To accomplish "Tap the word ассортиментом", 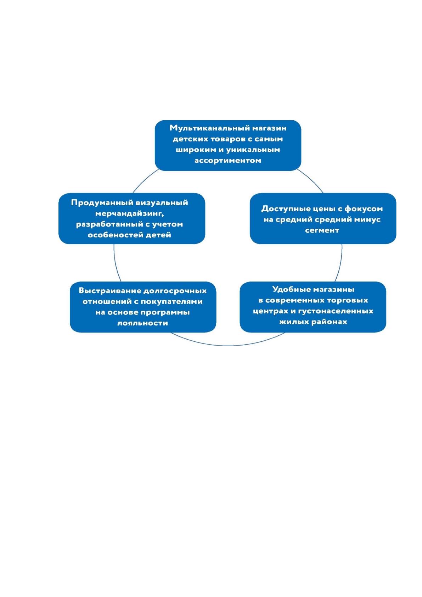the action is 228,161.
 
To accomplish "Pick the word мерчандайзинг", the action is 129,214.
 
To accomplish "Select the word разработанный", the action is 109,224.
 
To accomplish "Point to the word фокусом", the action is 364,209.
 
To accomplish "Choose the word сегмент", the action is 322,230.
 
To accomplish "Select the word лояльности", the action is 142,323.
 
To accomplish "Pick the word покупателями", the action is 171,302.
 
